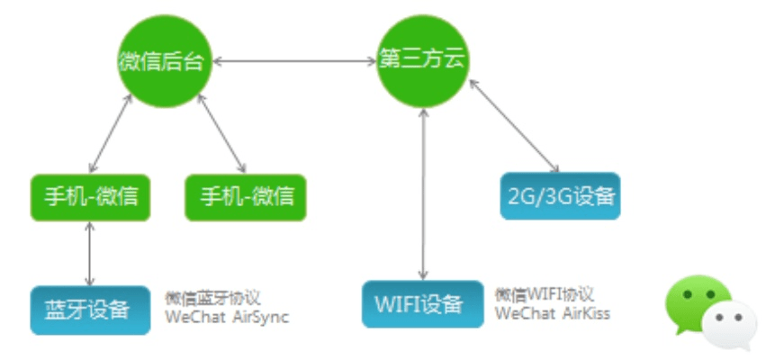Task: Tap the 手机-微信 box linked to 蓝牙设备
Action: tap(90, 196)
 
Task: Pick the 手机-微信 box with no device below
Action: tap(246, 196)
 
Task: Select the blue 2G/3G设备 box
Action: tap(560, 195)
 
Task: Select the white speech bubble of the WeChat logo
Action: tap(730, 325)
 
